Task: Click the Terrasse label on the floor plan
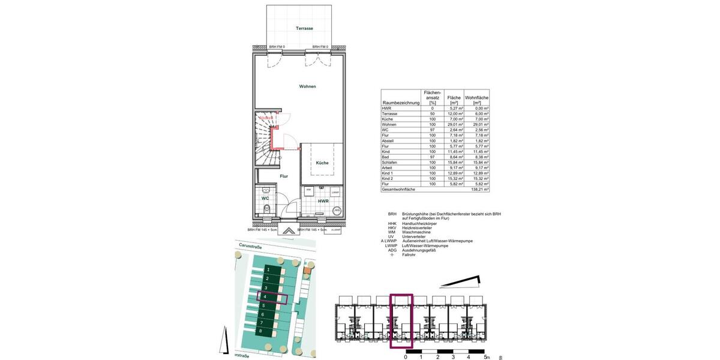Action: pos(304,29)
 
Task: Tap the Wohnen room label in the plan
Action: pos(307,86)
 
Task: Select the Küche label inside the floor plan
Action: pos(322,163)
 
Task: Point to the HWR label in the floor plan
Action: pos(323,201)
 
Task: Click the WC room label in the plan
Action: pos(265,197)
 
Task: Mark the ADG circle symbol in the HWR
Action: pos(337,211)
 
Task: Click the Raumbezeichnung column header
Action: pos(400,103)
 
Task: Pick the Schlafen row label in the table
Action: pos(391,162)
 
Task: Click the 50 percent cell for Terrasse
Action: pos(431,113)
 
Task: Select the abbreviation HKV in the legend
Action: pos(392,228)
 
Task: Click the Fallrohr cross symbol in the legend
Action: pos(392,254)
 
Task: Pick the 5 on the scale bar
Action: pos(485,357)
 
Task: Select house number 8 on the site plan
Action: pos(260,331)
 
